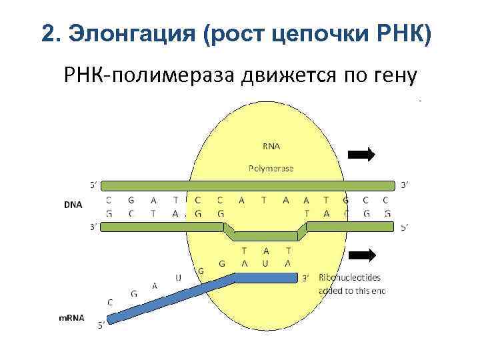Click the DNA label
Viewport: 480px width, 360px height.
pos(73,205)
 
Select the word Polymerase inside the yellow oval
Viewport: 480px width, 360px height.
pos(271,169)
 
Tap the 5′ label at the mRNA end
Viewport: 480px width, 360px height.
pos(101,325)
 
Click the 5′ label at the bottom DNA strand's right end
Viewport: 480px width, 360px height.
pos(403,227)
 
